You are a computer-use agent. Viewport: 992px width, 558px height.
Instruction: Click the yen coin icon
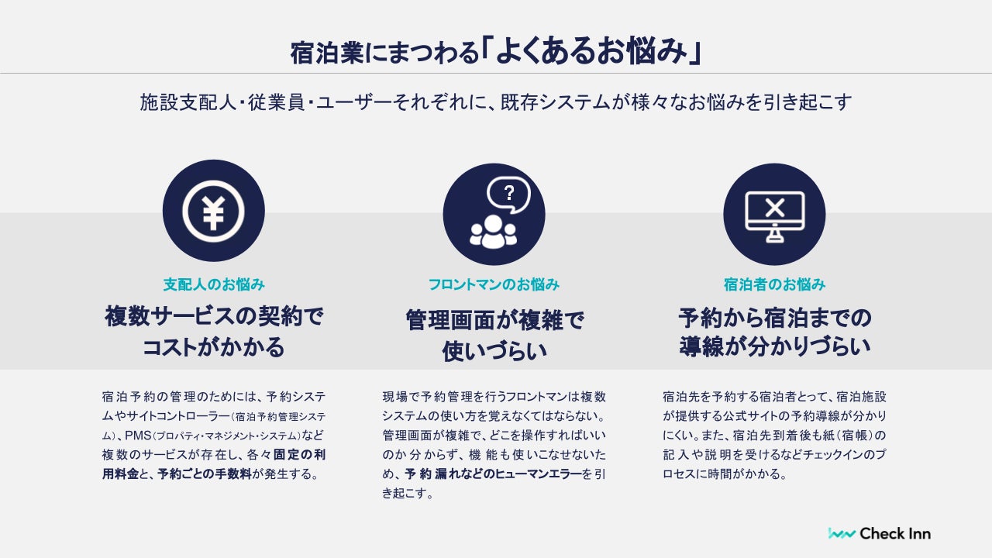point(213,211)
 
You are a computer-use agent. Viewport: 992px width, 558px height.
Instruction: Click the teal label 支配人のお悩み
point(214,284)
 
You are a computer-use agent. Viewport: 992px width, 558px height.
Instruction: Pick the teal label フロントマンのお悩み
point(494,284)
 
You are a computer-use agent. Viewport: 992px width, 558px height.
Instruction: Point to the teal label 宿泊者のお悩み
point(774,284)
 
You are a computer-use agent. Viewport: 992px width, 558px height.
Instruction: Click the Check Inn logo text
point(895,533)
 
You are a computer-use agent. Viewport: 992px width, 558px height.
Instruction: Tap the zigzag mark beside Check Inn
point(842,533)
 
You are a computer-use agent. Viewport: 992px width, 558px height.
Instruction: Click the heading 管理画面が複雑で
point(494,319)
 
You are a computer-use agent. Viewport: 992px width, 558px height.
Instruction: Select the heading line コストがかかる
point(214,347)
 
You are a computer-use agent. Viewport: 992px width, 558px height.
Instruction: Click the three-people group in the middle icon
point(493,231)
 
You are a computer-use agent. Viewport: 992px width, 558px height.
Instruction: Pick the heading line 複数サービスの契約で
point(214,316)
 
